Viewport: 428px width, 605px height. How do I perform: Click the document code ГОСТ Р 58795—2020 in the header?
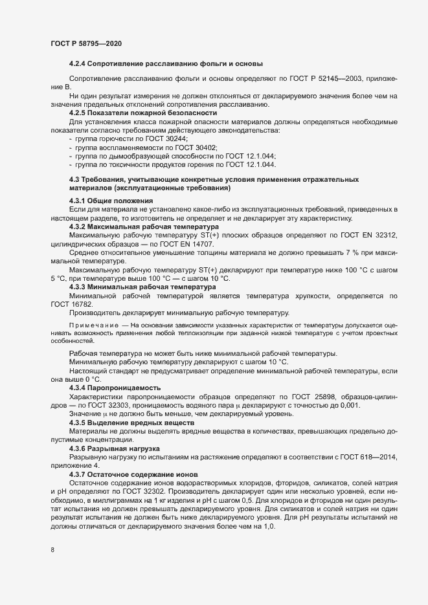pos(85,43)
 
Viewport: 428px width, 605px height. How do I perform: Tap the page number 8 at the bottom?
pos(52,551)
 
